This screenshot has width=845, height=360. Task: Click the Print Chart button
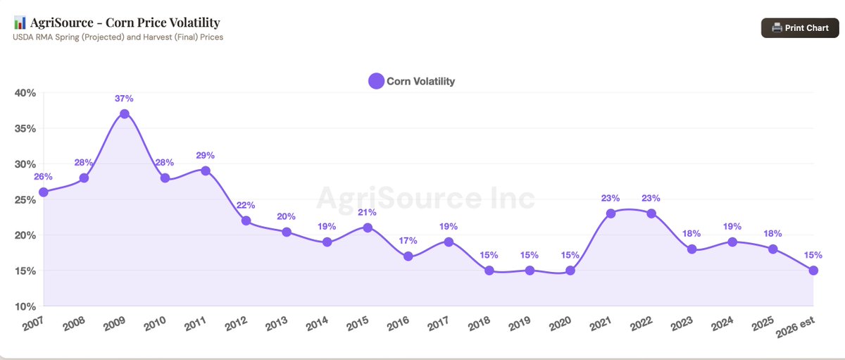coord(800,27)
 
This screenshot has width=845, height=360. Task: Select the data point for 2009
coord(125,113)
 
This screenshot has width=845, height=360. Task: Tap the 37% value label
coord(125,99)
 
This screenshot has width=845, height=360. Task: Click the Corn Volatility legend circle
coord(377,81)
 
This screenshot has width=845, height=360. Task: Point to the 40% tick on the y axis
coord(26,92)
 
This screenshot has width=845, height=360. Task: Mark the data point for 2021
coord(611,213)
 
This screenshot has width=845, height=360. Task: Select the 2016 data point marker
coord(408,256)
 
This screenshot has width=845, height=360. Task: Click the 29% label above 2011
coord(206,155)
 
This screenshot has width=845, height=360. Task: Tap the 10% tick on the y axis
coord(26,306)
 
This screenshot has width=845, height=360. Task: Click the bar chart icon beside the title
coord(20,23)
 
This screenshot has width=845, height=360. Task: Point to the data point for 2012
coord(246,221)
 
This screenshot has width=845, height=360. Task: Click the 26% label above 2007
coord(44,177)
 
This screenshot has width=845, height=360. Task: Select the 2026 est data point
coord(813,271)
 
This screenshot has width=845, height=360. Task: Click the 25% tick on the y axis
coord(26,199)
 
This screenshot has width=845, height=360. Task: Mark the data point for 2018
coord(489,271)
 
